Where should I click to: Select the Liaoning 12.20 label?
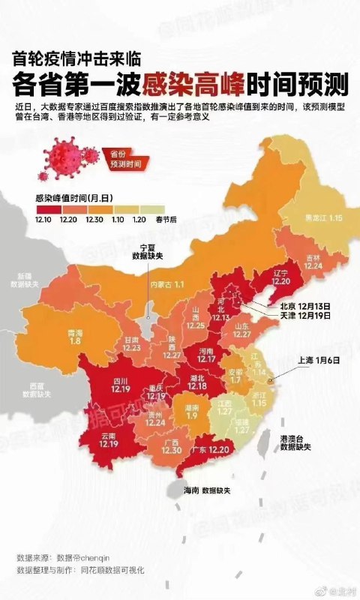tap(281, 277)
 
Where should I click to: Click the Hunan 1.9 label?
tap(193, 412)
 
